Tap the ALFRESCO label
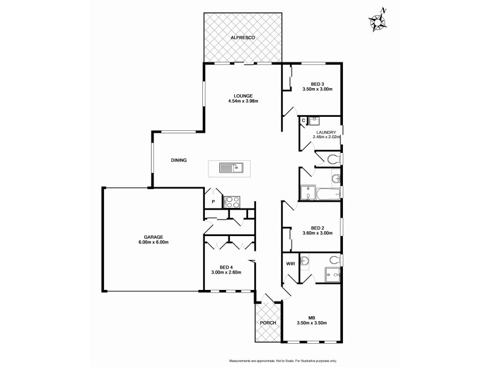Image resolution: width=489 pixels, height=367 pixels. [243, 38]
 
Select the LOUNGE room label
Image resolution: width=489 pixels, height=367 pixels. [243, 95]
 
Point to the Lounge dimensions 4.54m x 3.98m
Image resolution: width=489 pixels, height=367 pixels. [243, 101]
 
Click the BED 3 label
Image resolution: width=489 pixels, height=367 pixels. [317, 84]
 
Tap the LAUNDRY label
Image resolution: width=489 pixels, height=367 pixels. [325, 131]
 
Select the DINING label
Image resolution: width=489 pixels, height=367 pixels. [178, 160]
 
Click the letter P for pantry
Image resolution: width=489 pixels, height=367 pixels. [213, 201]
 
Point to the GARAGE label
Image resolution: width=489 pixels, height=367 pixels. [154, 237]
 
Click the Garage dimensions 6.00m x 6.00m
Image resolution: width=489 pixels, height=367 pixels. [154, 242]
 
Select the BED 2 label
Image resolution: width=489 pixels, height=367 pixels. [317, 227]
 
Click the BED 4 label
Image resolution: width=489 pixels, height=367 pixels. [226, 267]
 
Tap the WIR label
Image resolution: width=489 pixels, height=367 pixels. [291, 264]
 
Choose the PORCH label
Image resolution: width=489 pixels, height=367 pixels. [268, 322]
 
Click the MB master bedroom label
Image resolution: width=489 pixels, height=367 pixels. [311, 317]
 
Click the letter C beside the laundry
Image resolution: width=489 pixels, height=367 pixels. [303, 120]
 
